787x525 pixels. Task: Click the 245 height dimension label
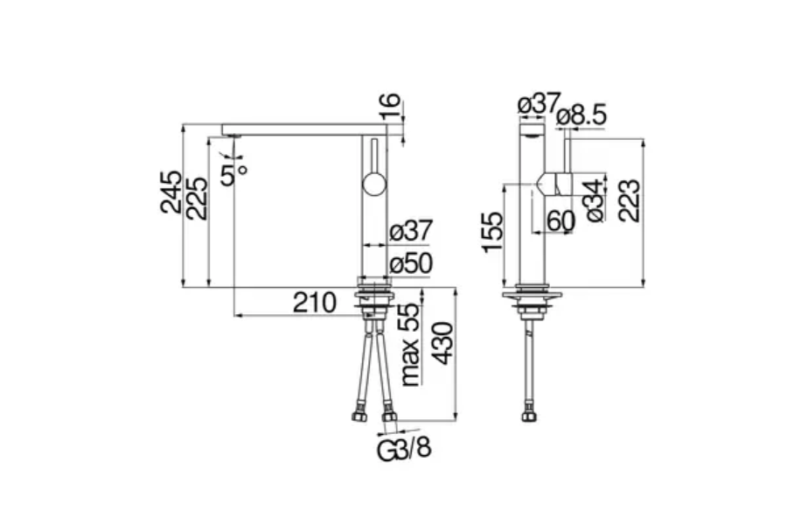coord(171,192)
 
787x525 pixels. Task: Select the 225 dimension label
coord(197,198)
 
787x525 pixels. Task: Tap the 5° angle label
coord(233,172)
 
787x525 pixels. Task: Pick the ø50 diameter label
coord(411,262)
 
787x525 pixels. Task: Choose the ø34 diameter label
coord(595,200)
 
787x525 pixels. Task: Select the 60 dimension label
coord(561,221)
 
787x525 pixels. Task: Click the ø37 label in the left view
coord(411,232)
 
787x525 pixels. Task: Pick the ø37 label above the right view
coord(538,103)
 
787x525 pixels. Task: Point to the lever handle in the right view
coord(554,185)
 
